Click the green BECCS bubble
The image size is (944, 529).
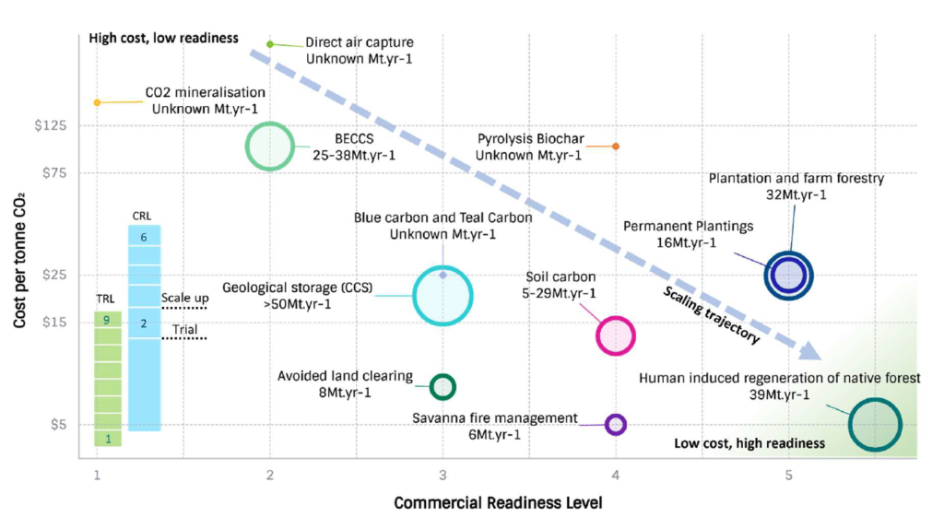[270, 146]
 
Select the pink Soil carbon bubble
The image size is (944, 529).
[616, 335]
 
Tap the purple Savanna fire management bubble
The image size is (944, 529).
[616, 424]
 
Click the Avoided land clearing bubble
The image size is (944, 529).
[443, 385]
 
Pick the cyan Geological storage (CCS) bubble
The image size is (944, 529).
[442, 295]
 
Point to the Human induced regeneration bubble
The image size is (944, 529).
[874, 424]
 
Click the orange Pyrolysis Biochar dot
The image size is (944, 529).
[616, 147]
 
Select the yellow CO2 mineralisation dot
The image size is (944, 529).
[97, 102]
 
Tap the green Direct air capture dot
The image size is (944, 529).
[270, 44]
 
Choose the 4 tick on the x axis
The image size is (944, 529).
[616, 476]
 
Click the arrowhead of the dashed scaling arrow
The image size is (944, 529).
[809, 350]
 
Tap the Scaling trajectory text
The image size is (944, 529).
[712, 315]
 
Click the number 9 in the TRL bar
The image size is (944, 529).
[108, 320]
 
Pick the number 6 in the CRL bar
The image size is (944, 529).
[144, 237]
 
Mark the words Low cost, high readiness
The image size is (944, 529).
[749, 443]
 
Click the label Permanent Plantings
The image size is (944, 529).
[688, 226]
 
